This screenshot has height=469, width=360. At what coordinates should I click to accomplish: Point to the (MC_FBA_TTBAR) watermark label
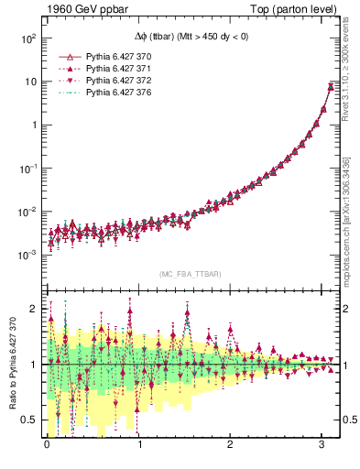click(x=191, y=275)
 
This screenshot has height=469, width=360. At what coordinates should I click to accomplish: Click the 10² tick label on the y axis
click(x=28, y=38)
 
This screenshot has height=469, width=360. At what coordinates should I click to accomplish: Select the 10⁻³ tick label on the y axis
click(x=28, y=256)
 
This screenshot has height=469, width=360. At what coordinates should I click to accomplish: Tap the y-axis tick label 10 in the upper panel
click(x=30, y=82)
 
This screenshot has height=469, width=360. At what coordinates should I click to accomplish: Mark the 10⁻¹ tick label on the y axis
click(x=28, y=169)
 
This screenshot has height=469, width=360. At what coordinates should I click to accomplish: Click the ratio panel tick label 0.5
click(x=28, y=420)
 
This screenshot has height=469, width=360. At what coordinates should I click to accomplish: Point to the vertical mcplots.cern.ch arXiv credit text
click(x=345, y=219)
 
